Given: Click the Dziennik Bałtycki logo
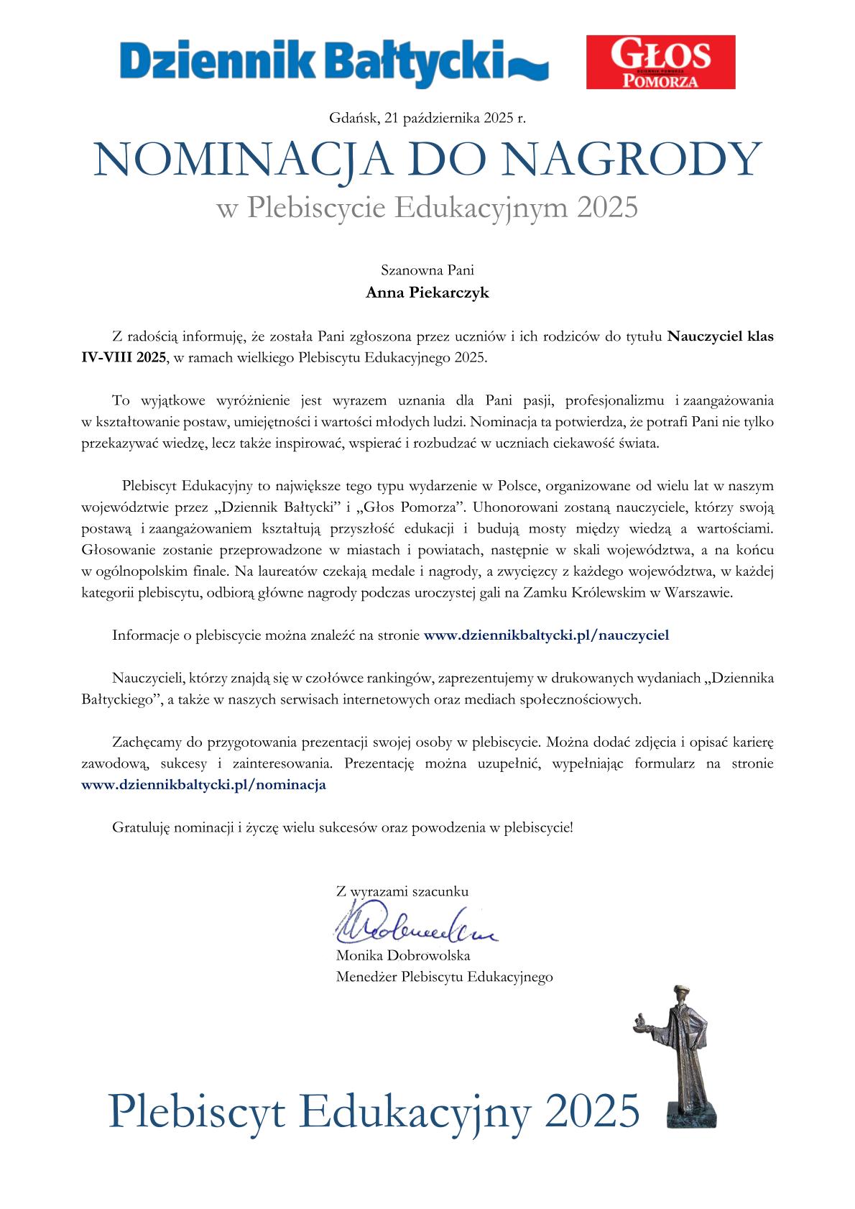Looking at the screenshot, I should point(334,63).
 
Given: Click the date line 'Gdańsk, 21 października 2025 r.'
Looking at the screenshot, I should point(427,118).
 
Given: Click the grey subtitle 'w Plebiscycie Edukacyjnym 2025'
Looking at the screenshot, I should point(427,208).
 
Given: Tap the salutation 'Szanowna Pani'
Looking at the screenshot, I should point(427,271).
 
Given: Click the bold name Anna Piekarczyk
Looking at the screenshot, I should point(427,293).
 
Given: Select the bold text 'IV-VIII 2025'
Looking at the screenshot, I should point(124,357).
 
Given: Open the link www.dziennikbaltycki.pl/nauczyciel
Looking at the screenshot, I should point(547,635).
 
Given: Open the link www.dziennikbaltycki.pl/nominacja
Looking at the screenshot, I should point(204,785).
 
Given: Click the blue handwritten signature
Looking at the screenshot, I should point(413,928).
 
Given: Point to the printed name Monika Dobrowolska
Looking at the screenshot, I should point(403,956).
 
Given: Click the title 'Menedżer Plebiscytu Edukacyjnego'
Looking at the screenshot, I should point(444,977).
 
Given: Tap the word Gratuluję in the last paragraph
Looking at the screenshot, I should point(140,827).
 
